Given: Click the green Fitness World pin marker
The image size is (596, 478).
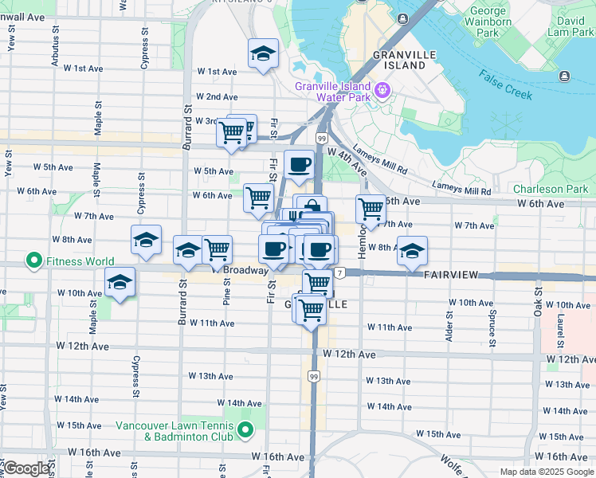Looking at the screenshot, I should coord(34,261).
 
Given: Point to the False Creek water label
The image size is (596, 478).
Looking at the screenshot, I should coord(506,83).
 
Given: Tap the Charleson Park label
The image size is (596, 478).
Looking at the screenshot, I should coord(550,190).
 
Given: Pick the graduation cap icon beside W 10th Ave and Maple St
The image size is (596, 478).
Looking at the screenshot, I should coord(120,283).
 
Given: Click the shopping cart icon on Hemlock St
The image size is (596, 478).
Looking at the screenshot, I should coord(371,210).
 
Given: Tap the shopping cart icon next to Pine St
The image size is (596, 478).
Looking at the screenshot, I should coord(217,249).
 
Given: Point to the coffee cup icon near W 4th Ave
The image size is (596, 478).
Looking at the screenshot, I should coord(299,164).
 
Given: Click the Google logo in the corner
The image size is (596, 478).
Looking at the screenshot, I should coord(27,468).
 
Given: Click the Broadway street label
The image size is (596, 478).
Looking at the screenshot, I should coord(245,271).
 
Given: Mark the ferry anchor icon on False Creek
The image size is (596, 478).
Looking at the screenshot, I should coord(565,76).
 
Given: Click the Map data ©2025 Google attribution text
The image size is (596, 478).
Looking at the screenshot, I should coord(547,472).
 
